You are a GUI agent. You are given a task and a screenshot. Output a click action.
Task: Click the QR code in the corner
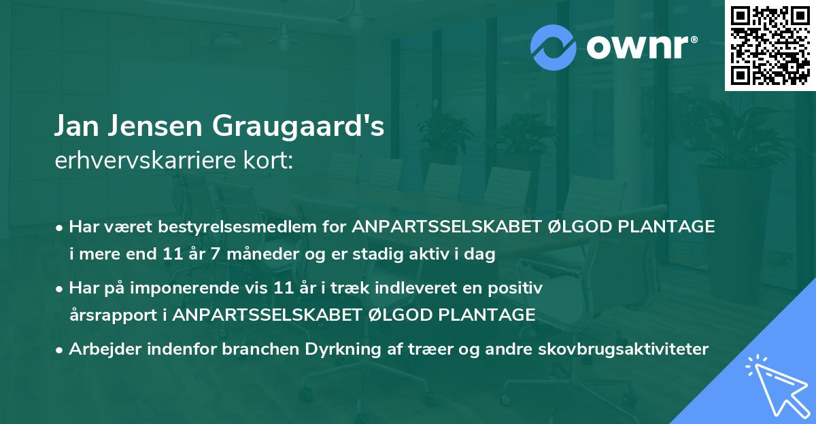click(770, 46)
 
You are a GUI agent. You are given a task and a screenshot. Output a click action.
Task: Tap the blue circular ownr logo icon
click(553, 48)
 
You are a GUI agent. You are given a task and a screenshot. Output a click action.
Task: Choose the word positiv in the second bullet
click(517, 288)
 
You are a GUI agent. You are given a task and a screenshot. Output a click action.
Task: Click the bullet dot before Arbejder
click(61, 350)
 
